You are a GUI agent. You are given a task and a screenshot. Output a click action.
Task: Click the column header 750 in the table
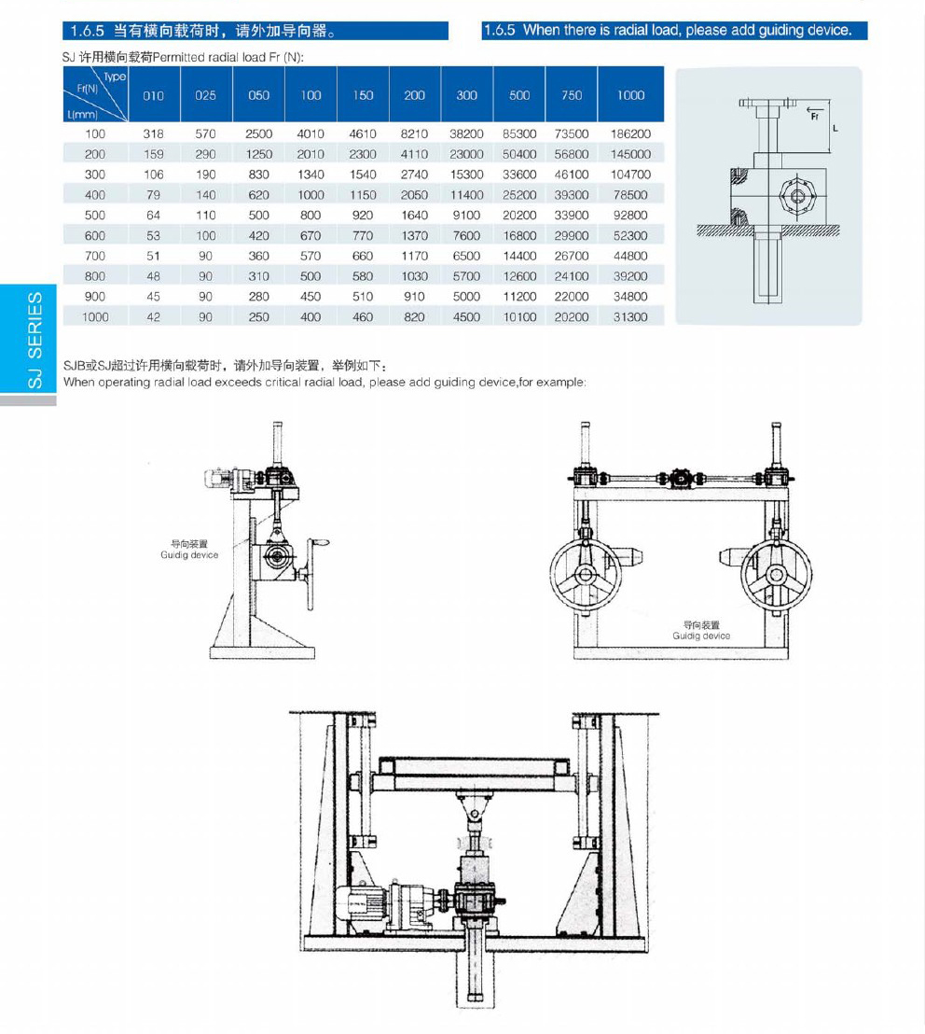tap(572, 95)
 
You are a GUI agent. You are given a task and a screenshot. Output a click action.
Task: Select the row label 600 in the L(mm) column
tap(95, 236)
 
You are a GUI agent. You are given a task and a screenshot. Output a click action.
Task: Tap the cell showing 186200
tap(631, 134)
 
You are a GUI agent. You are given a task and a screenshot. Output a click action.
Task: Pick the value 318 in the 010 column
tap(154, 134)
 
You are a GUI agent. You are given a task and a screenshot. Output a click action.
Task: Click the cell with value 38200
tap(466, 134)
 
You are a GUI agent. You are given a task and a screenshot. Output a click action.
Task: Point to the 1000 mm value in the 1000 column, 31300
tap(631, 317)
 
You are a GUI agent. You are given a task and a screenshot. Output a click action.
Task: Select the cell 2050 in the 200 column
tap(414, 195)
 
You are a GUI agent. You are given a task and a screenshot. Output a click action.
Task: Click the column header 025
tap(206, 95)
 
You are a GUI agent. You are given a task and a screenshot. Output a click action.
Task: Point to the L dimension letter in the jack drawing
tap(835, 128)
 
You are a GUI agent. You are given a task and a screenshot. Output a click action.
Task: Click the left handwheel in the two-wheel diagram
tap(585, 573)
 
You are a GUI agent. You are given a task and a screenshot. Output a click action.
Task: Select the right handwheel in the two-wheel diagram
tap(776, 573)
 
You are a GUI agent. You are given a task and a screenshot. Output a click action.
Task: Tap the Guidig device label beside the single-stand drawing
tap(189, 550)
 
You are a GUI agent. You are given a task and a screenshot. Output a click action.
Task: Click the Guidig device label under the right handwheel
tap(701, 631)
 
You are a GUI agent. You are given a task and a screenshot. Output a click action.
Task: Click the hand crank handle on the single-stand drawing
tap(321, 541)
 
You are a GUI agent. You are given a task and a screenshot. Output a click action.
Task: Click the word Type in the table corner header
tap(115, 77)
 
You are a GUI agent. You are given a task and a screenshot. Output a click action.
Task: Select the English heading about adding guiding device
tap(674, 30)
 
